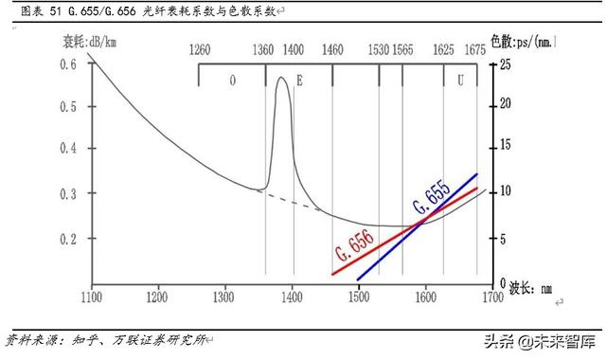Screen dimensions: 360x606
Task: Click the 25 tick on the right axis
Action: [x=505, y=63]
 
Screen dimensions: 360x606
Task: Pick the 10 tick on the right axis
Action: [x=505, y=190]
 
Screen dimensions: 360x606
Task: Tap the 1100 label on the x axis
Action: [x=92, y=297]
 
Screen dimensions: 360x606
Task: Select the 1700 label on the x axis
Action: [x=490, y=297]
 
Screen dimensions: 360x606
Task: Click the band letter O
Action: [x=232, y=81]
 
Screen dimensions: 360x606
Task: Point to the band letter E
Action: [x=299, y=81]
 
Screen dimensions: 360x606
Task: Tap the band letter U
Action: [x=460, y=81]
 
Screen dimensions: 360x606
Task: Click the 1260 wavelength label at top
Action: [x=200, y=49]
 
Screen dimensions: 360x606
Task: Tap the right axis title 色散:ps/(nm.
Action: [x=523, y=42]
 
